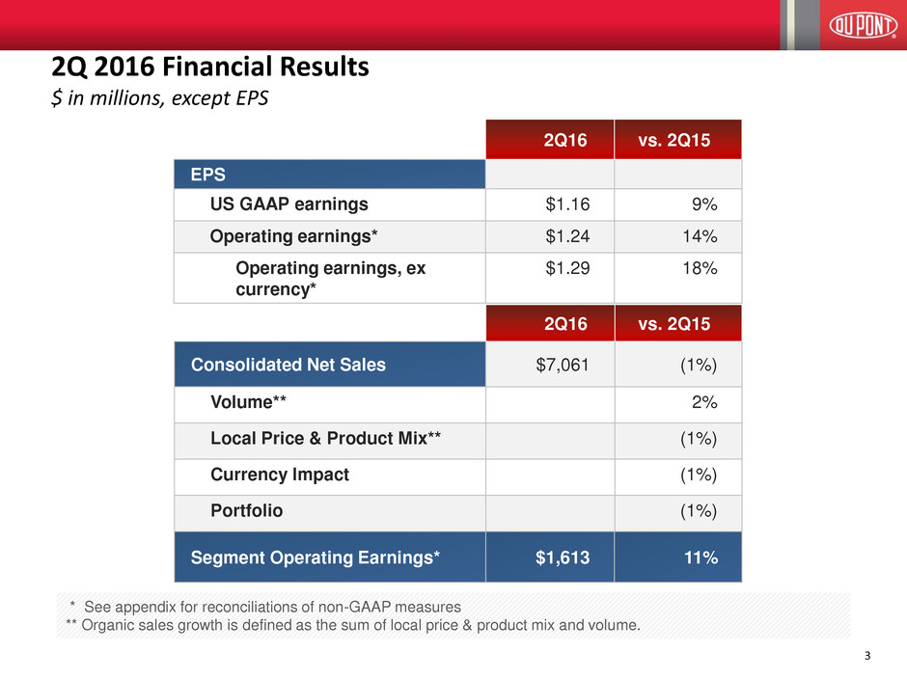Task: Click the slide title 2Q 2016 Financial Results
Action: click(209, 68)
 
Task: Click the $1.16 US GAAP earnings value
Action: click(564, 204)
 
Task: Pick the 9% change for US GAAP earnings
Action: click(702, 204)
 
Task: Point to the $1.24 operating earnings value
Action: click(564, 236)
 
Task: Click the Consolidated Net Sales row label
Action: click(289, 365)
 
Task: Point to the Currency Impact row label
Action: click(280, 475)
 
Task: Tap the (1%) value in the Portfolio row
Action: click(695, 511)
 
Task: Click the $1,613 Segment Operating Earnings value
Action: click(560, 557)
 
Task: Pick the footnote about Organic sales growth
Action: click(352, 625)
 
